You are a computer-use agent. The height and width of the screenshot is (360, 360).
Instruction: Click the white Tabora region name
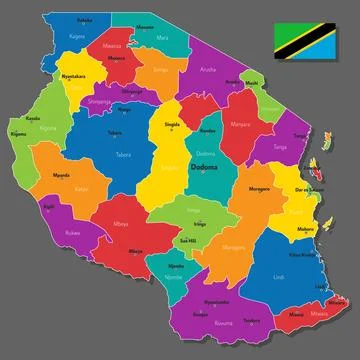click(124, 155)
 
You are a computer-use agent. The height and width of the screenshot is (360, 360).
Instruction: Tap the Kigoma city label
click(18, 133)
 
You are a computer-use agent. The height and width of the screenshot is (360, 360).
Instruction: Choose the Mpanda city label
click(60, 174)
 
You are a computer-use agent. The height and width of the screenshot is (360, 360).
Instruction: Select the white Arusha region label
click(208, 70)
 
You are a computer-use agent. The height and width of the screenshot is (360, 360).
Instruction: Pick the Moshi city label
click(252, 84)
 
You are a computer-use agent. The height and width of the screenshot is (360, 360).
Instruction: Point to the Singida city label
click(172, 125)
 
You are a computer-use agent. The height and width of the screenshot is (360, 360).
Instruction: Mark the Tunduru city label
click(251, 320)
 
